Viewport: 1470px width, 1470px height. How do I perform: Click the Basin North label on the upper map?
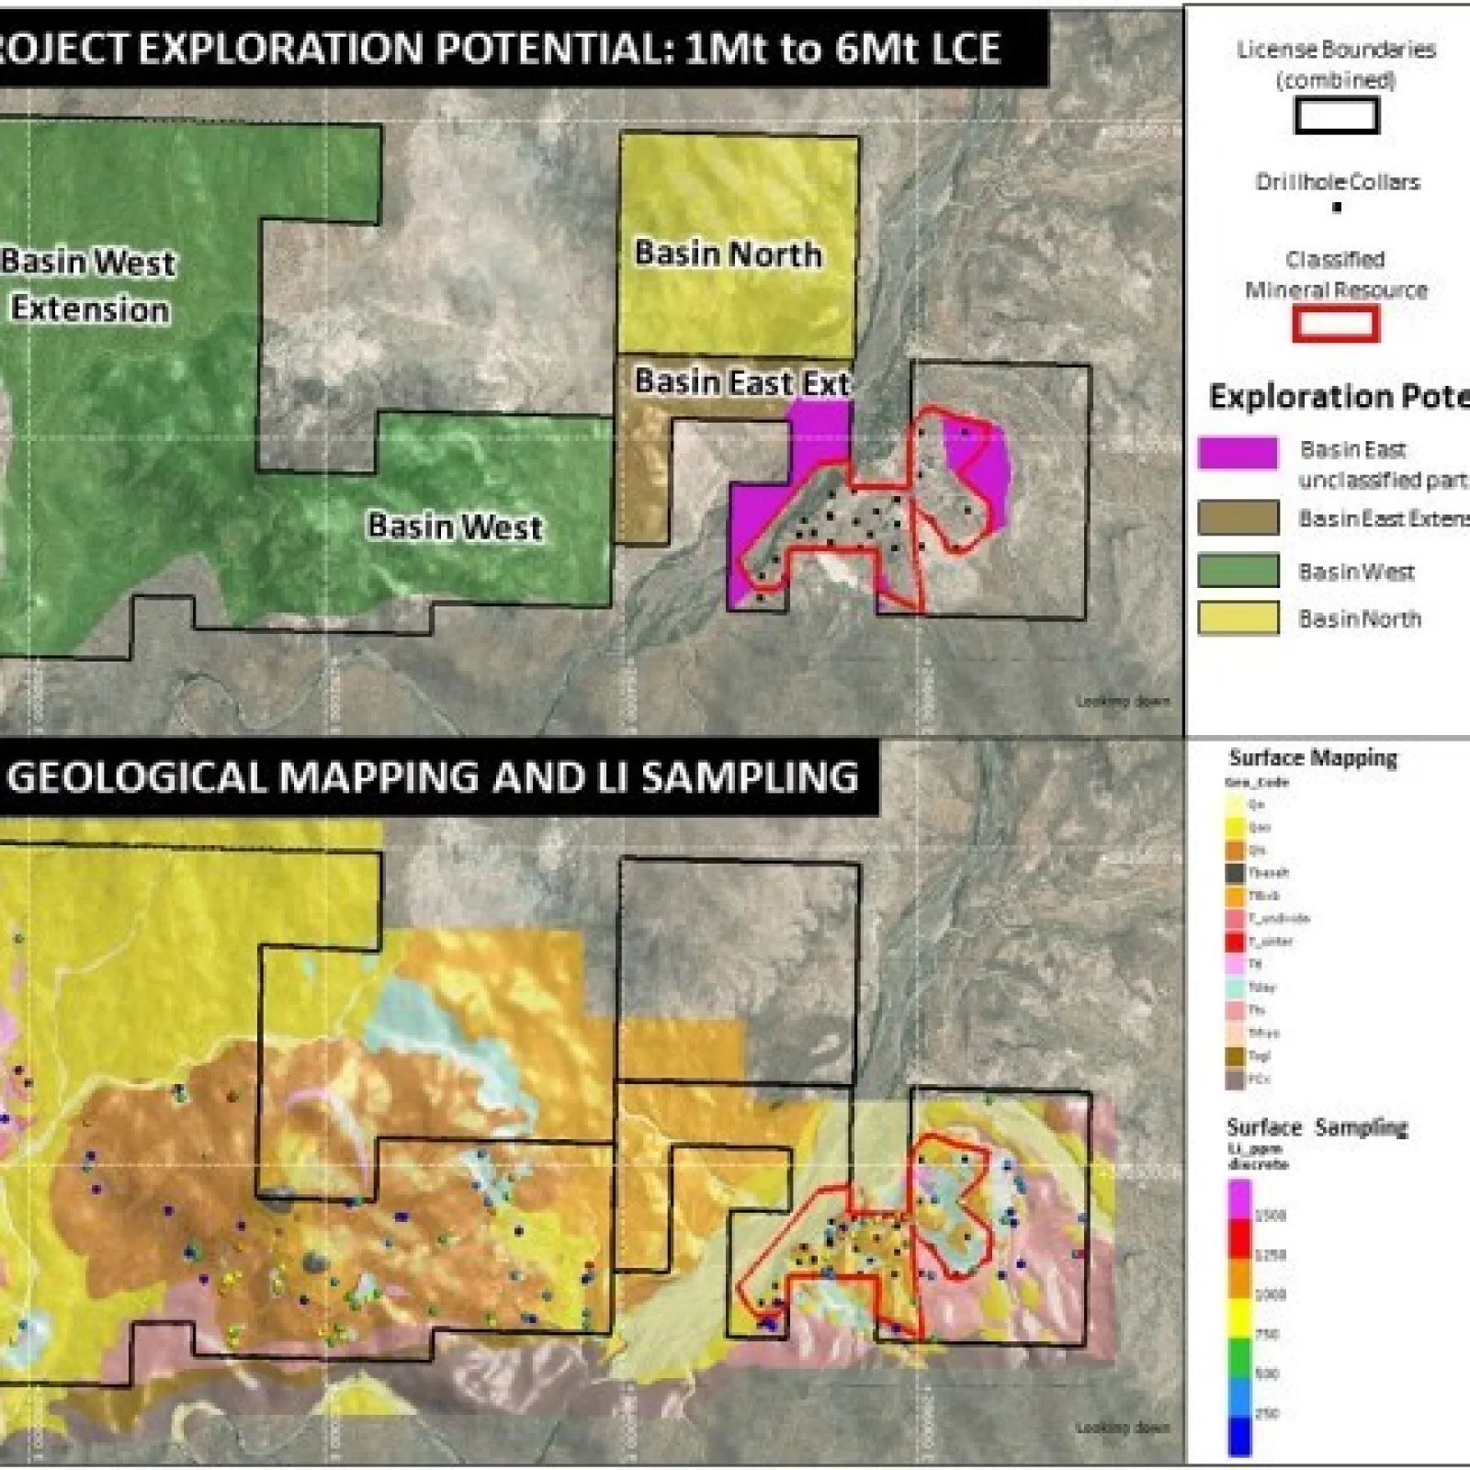click(x=728, y=254)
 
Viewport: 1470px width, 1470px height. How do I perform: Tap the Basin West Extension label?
click(x=88, y=285)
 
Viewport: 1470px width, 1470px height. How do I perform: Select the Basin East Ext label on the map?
click(x=741, y=381)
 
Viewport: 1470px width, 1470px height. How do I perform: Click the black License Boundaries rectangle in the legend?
click(x=1336, y=116)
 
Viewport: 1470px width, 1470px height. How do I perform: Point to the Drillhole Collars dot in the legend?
click(x=1337, y=207)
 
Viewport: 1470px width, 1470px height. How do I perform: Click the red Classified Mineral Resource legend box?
click(x=1336, y=323)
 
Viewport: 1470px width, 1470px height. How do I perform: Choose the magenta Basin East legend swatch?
click(x=1238, y=452)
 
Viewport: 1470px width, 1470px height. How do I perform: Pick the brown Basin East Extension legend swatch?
click(x=1238, y=517)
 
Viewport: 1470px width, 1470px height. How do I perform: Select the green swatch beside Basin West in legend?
click(x=1238, y=571)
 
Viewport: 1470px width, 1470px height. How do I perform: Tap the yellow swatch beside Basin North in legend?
click(x=1238, y=618)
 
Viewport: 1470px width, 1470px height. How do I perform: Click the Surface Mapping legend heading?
click(x=1313, y=758)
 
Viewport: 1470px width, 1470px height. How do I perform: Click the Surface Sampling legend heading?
click(x=1317, y=1127)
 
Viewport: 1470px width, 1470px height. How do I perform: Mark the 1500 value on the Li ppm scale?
click(x=1270, y=1216)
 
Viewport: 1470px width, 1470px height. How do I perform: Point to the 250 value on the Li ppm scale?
click(x=1267, y=1413)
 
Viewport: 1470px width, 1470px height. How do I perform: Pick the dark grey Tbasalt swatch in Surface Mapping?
click(x=1235, y=873)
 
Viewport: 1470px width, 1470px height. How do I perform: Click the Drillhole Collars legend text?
click(x=1337, y=182)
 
